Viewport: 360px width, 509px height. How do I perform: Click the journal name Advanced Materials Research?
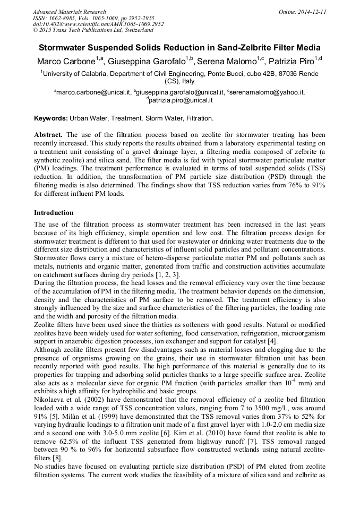click(x=69, y=12)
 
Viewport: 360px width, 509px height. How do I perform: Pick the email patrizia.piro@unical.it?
click(x=181, y=100)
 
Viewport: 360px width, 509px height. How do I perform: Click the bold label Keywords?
click(x=50, y=118)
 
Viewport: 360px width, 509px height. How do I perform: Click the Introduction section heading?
click(x=54, y=212)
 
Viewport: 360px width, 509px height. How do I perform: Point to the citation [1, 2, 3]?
click(x=166, y=274)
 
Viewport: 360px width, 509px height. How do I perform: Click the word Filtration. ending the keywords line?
click(x=196, y=118)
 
